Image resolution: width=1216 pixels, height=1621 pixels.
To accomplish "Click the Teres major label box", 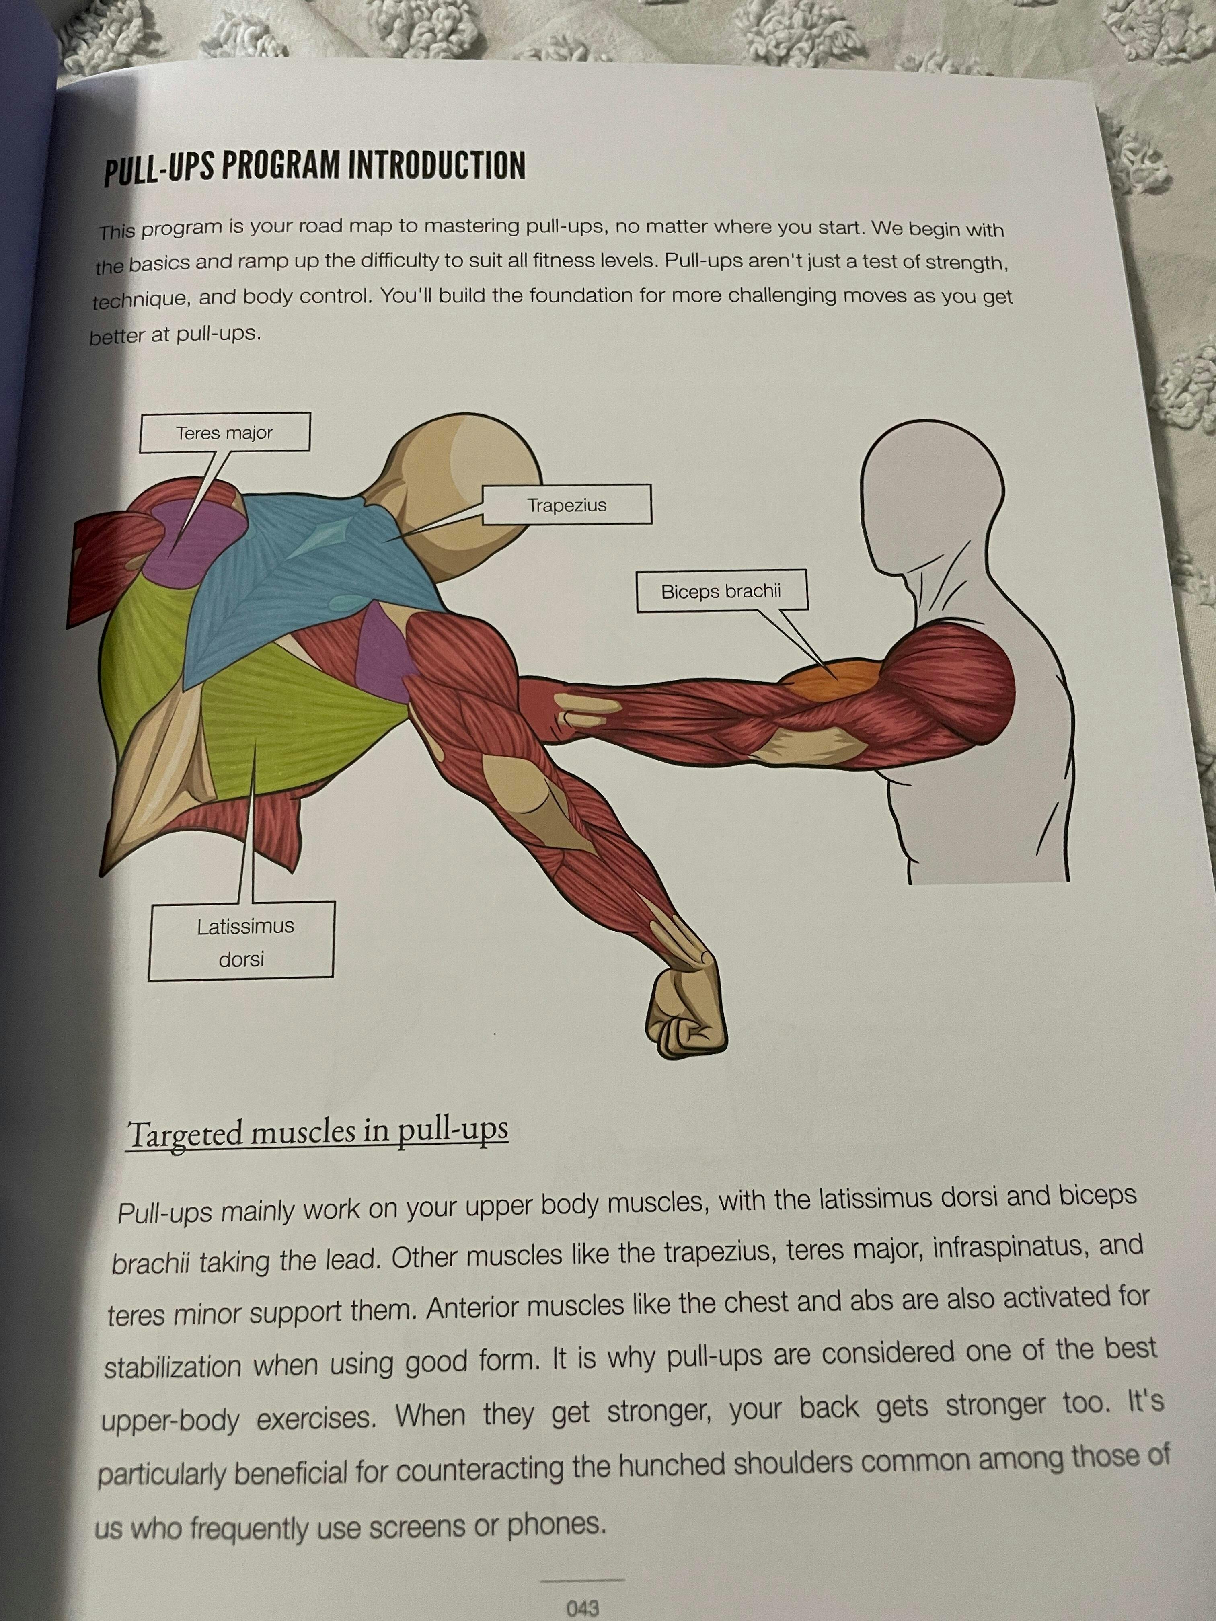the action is click(224, 432).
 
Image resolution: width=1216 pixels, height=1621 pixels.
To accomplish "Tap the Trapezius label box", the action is click(567, 504).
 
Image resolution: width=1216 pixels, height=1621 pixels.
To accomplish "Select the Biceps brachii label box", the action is click(722, 591).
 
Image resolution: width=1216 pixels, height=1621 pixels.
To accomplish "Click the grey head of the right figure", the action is click(931, 498).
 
